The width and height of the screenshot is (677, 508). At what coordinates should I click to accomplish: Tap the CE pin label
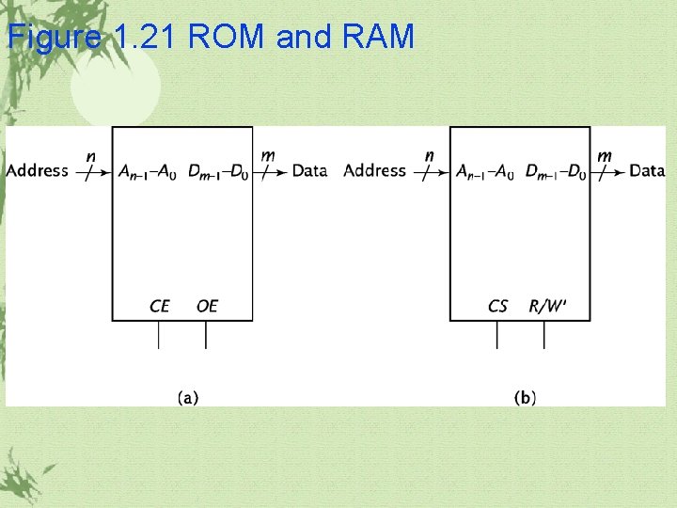(160, 306)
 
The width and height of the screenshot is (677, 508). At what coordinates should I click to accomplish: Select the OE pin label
(207, 306)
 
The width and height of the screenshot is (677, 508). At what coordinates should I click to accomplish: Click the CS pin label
(497, 306)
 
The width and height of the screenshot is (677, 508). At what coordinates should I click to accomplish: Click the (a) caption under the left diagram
(188, 397)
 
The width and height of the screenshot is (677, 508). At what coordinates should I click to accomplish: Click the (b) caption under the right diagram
(526, 397)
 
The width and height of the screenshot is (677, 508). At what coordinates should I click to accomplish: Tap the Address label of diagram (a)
(38, 170)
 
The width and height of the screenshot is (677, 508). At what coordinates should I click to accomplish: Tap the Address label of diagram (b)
(375, 170)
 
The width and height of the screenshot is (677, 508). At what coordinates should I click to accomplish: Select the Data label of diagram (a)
(309, 170)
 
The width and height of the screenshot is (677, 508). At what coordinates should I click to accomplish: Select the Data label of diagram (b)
(647, 170)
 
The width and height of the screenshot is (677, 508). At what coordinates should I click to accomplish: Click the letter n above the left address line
(90, 155)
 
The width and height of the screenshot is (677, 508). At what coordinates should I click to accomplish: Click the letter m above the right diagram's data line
(605, 155)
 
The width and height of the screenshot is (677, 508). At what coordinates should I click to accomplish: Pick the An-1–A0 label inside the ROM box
(144, 171)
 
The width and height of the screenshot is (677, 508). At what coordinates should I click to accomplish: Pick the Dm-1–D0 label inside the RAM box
(557, 171)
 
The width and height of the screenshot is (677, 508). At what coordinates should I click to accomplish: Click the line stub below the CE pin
(159, 335)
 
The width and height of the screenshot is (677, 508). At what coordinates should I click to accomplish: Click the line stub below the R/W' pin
(543, 335)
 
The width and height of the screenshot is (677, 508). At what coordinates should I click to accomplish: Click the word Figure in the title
(55, 37)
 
